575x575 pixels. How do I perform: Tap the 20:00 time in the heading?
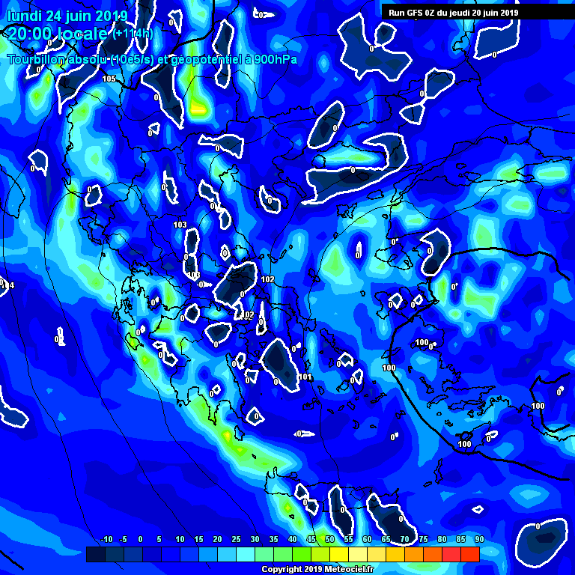click(29, 33)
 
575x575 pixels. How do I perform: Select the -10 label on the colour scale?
click(106, 540)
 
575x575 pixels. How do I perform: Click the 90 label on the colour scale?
click(479, 540)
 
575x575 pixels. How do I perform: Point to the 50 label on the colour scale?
click(329, 540)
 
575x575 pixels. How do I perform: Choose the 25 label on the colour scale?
click(236, 540)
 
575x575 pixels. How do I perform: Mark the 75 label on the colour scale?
click(423, 540)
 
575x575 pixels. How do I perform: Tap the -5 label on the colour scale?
click(124, 540)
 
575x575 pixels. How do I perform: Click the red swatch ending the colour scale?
click(469, 554)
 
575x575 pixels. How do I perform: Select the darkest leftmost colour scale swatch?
click(95, 554)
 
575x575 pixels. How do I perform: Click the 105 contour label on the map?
click(109, 79)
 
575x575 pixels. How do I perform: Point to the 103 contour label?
click(180, 225)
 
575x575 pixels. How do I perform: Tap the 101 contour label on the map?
click(305, 377)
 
